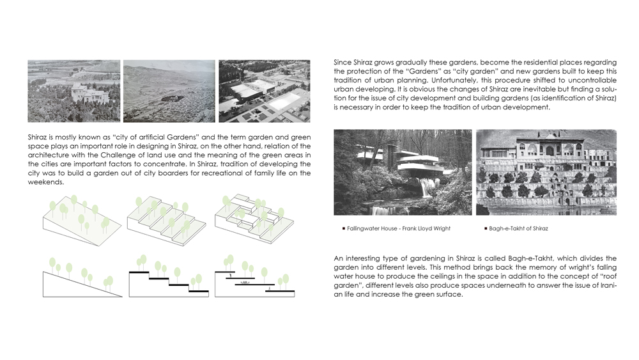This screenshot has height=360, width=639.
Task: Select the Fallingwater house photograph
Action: click(x=403, y=172)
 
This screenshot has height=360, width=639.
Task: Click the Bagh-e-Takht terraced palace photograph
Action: click(x=546, y=172)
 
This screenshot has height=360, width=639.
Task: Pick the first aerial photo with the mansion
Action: click(x=73, y=91)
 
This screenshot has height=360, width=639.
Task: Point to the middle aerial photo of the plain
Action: click(x=169, y=91)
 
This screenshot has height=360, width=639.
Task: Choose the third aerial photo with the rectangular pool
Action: click(x=264, y=91)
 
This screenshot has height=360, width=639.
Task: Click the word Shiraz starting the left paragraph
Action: click(x=37, y=137)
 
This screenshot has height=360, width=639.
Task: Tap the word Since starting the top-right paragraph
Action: click(x=343, y=62)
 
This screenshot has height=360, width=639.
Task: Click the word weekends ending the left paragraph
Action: click(x=45, y=182)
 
